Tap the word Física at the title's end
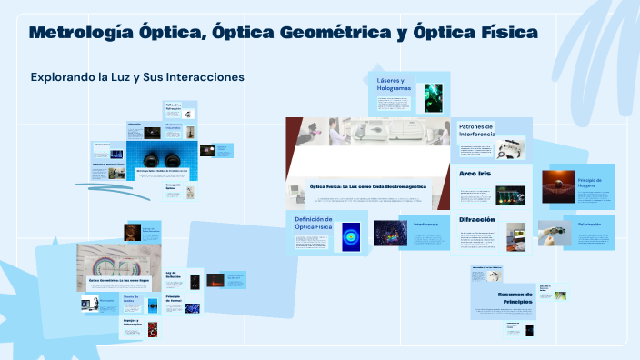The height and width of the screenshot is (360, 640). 504,34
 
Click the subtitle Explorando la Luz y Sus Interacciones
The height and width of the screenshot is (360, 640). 137,77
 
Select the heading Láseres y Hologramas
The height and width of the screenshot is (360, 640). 394,85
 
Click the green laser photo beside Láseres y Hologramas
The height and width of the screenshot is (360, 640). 433,94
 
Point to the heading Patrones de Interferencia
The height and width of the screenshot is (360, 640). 477,130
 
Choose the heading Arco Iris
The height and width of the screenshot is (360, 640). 475,173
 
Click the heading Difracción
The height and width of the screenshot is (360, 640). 476,220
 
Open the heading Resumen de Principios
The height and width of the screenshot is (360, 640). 496,297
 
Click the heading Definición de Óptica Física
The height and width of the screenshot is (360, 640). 314,223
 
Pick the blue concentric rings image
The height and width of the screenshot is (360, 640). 351,236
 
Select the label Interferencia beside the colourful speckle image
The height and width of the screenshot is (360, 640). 425,224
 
